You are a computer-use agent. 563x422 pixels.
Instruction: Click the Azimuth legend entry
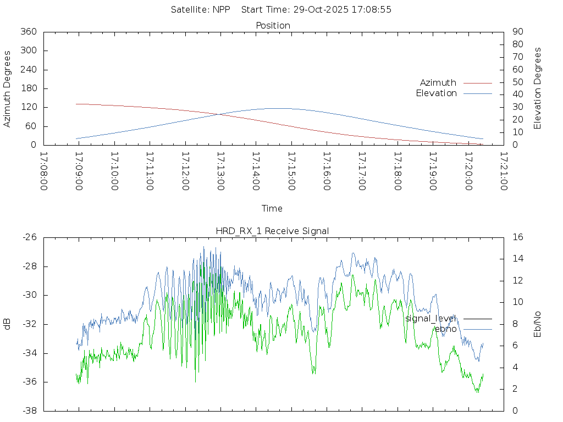[x=438, y=82]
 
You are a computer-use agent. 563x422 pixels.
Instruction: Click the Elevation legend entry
[x=437, y=93]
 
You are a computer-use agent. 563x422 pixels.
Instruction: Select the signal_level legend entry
[x=431, y=318]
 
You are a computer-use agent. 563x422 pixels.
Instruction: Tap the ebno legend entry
[x=445, y=329]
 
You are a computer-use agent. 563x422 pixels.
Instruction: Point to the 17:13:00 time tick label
[x=220, y=171]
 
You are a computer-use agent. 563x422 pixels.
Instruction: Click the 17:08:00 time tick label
[x=44, y=171]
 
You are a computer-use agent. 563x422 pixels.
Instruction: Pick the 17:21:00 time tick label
[x=503, y=171]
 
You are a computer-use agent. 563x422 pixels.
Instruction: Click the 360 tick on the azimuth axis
[x=28, y=32]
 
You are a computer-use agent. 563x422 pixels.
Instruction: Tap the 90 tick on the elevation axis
[x=517, y=32]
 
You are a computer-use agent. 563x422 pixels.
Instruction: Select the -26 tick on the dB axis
[x=29, y=237]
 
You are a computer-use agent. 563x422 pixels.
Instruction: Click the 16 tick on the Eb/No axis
[x=517, y=237]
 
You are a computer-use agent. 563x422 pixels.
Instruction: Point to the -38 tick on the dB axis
[x=29, y=410]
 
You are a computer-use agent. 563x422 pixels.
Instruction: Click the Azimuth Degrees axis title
[x=8, y=88]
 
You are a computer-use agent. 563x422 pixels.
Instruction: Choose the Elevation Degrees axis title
[x=538, y=88]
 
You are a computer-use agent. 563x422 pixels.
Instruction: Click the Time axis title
[x=272, y=208]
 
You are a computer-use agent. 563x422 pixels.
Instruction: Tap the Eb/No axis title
[x=538, y=324]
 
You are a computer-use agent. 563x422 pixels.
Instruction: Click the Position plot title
[x=273, y=25]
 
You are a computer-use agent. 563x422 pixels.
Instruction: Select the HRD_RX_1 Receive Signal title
[x=273, y=231]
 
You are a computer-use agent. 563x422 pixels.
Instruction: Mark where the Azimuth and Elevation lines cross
[x=219, y=114]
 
